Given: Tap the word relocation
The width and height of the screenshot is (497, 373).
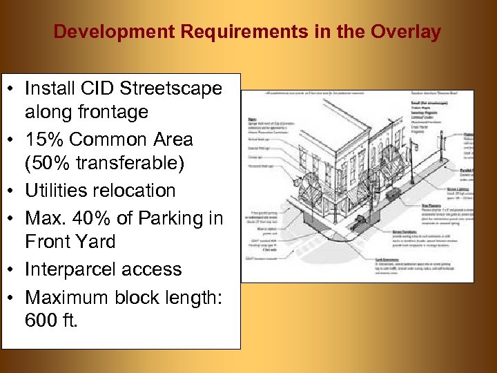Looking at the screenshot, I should click(137, 191).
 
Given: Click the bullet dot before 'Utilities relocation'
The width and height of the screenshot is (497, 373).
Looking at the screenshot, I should click(12, 191).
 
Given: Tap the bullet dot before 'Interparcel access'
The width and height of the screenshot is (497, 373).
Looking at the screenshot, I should click(12, 269).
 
